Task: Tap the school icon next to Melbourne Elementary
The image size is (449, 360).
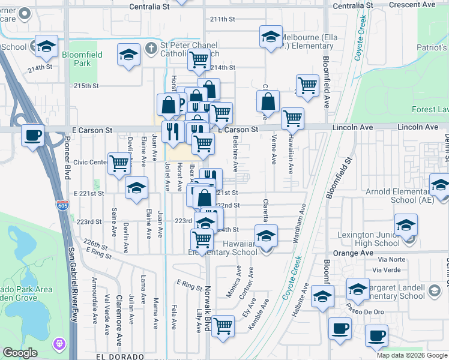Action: click(x=271, y=37)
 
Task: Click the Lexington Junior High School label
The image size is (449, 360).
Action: click(x=369, y=239)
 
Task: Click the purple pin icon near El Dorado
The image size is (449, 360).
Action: click(x=59, y=344)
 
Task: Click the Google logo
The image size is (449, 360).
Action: click(x=20, y=353)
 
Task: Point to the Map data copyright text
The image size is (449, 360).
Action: click(x=412, y=355)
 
